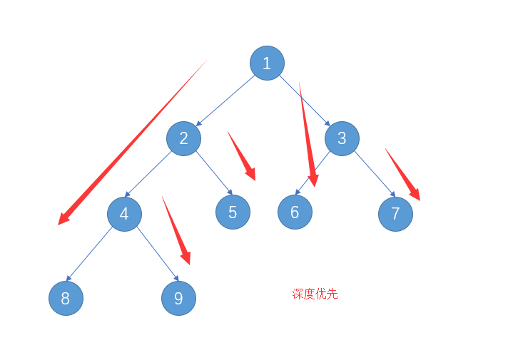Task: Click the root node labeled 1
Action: coord(267,63)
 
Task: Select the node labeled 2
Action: coord(183,138)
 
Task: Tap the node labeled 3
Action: coord(342,138)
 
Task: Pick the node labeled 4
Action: coord(124,214)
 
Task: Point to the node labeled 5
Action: coord(233,212)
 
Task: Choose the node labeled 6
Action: coord(295,212)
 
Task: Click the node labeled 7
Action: coord(395,214)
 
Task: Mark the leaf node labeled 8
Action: coord(66,298)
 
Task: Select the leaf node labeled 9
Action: coord(178,298)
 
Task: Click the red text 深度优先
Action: coord(315,294)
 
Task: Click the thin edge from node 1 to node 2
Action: coord(225,100)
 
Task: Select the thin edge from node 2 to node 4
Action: coord(153,175)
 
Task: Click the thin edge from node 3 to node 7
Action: coord(374,173)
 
